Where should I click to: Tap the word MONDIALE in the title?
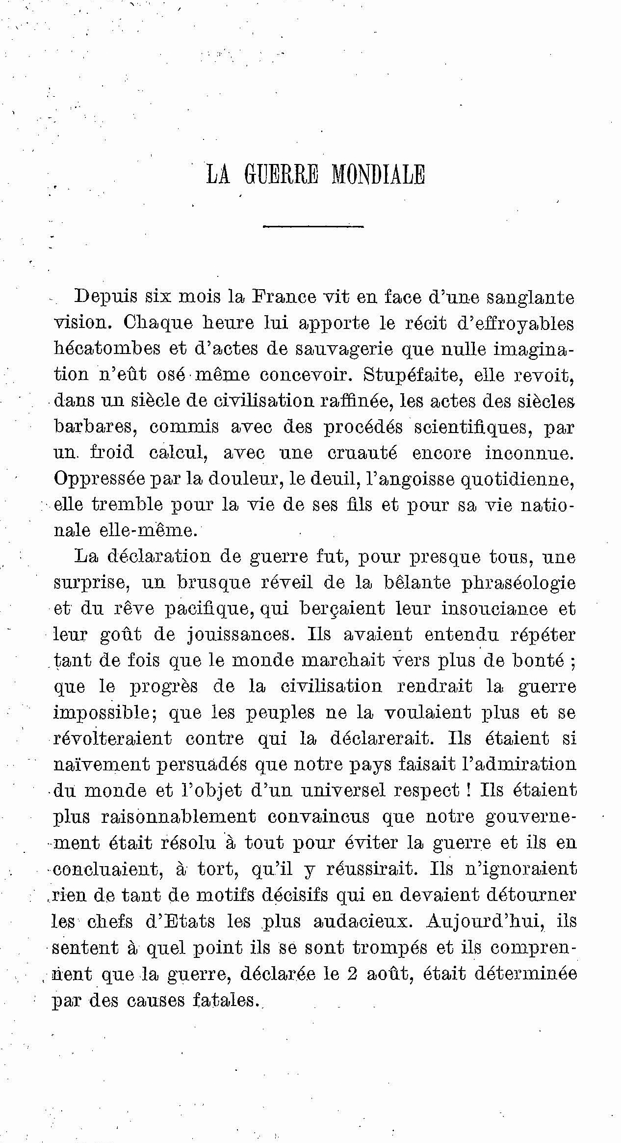click(378, 174)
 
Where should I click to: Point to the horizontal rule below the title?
click(313, 226)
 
